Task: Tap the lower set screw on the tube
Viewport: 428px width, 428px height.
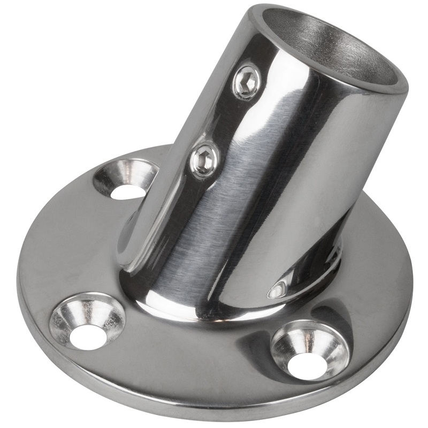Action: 205,159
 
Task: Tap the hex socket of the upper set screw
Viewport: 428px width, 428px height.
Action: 248,81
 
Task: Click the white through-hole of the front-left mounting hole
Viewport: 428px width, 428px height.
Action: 87,337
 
